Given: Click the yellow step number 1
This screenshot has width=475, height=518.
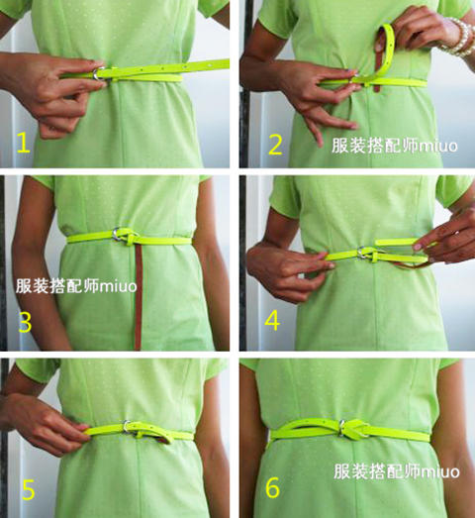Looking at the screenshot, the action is [23, 142].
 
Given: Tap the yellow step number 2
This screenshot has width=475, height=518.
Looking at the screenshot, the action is [275, 145].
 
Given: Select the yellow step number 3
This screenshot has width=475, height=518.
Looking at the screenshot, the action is [25, 322].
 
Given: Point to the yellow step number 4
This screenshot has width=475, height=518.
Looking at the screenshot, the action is [272, 321].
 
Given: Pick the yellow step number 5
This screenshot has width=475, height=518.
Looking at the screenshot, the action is [29, 490].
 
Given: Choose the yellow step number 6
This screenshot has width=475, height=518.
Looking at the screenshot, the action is [272, 487].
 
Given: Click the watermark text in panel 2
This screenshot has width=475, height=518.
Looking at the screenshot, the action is [395, 146].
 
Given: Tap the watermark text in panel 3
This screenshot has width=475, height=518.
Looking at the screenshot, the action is [76, 286].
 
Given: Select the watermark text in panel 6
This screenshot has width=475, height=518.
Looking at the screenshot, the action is [397, 471].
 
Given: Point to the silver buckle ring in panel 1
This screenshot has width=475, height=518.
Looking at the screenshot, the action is [98, 73].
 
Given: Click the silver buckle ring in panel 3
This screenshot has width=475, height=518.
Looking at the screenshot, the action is [117, 234].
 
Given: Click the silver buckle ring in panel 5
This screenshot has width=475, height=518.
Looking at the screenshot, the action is [127, 426].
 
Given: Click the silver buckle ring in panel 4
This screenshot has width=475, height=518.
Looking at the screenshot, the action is [362, 253].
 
